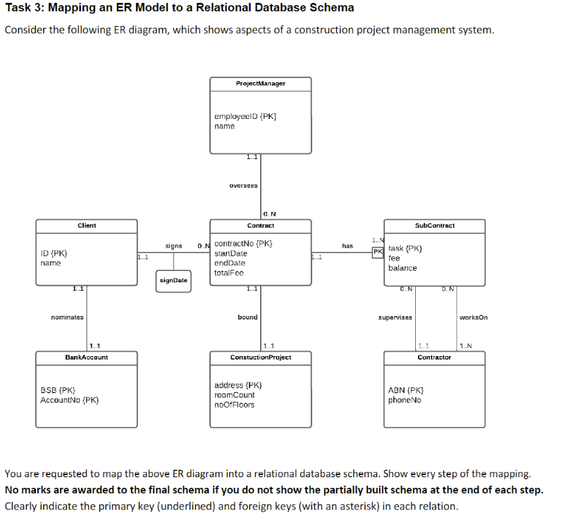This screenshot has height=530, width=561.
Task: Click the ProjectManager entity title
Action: [x=260, y=84]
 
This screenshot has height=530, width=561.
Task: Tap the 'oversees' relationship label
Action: [x=243, y=186]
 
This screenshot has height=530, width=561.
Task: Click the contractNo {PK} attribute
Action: [x=243, y=244]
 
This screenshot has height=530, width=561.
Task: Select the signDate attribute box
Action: [x=173, y=280]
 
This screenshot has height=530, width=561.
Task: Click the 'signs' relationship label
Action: [x=173, y=246]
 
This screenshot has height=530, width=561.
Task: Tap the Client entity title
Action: [x=87, y=226]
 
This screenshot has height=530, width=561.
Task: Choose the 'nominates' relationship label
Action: [x=68, y=317]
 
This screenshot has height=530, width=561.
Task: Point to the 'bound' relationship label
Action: [x=247, y=317]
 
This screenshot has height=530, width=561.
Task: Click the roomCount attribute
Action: [x=234, y=395]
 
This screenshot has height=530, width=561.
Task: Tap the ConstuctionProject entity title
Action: [x=260, y=358]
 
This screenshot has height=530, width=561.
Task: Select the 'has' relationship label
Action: [x=347, y=246]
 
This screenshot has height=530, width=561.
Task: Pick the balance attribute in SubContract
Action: [x=402, y=268]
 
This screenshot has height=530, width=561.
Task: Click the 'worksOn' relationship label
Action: [x=473, y=317]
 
